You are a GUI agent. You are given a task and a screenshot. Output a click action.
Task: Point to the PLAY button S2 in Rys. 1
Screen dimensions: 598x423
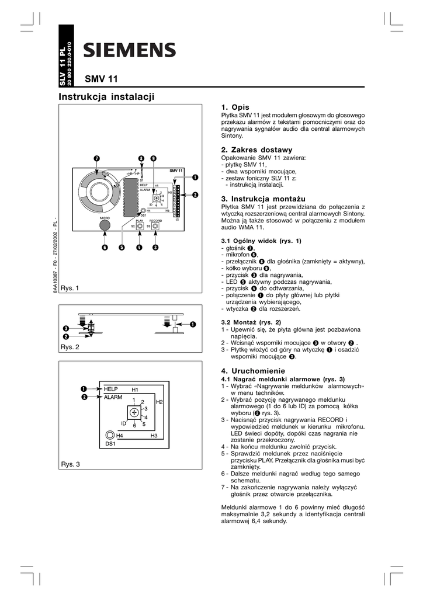point(140,225)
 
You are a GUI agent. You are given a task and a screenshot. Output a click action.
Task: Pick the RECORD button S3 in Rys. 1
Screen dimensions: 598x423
point(155,225)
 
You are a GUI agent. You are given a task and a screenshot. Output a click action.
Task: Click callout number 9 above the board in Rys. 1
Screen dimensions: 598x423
point(152,159)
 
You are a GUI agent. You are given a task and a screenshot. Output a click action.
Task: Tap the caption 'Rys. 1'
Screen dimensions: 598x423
point(70,288)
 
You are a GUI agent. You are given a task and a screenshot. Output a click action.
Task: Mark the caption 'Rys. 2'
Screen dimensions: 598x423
point(70,347)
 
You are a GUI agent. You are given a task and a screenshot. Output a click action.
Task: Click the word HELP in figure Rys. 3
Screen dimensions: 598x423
point(111,389)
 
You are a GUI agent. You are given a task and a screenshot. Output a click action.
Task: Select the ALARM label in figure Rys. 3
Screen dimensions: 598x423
point(112,397)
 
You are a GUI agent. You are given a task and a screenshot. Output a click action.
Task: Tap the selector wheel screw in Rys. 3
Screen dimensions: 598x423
point(134,412)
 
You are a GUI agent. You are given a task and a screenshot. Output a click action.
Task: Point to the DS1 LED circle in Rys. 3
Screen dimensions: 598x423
point(110,435)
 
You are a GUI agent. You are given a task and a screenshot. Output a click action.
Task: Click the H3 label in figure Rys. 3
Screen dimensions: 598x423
point(154,436)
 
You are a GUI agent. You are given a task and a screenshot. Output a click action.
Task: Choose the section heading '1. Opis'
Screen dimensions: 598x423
point(235,107)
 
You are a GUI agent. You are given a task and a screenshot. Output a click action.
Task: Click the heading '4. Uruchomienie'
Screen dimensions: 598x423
point(252,371)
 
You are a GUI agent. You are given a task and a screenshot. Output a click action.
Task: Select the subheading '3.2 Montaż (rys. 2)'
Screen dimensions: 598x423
point(251,322)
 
